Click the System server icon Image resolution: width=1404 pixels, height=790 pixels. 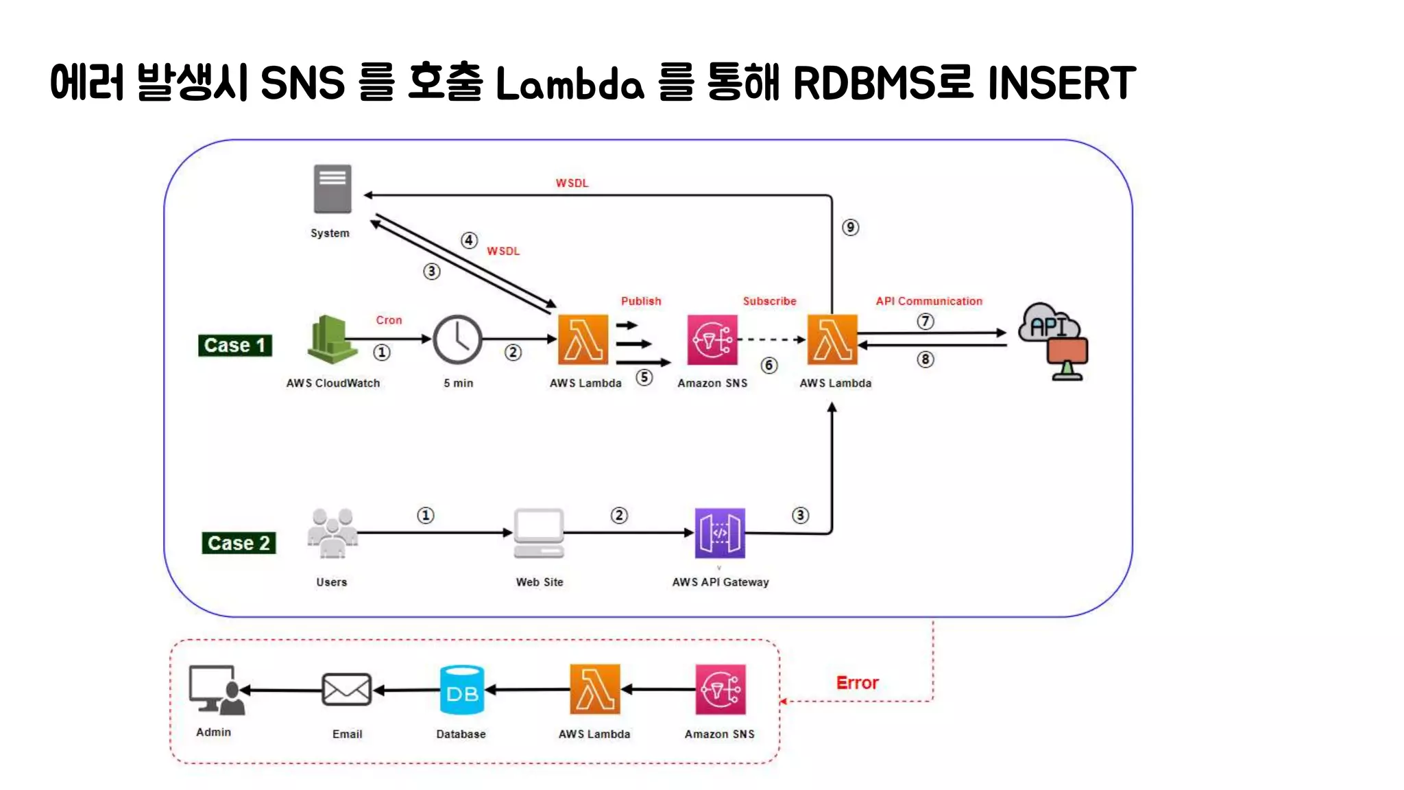click(332, 189)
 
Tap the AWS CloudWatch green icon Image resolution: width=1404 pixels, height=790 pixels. click(332, 339)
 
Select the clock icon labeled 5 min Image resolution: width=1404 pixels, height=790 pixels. click(457, 339)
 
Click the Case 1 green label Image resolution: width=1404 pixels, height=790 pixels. click(235, 345)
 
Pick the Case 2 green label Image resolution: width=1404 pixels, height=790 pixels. click(239, 543)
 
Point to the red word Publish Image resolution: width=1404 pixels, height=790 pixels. click(641, 301)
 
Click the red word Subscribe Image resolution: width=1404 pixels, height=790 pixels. click(769, 301)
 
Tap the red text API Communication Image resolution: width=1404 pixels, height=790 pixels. click(928, 301)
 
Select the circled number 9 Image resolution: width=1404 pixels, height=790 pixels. click(850, 228)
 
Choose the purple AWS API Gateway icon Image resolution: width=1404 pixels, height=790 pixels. click(719, 533)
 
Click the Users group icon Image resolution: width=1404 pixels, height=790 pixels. click(332, 533)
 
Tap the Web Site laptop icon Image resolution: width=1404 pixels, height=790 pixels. click(539, 533)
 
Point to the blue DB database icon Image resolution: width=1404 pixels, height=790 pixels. click(462, 690)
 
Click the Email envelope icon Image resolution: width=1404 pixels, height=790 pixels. click(347, 690)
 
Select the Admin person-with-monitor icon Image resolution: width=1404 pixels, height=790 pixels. click(216, 690)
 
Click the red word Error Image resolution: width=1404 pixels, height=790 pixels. click(857, 683)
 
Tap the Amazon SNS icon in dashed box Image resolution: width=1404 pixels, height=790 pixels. click(720, 690)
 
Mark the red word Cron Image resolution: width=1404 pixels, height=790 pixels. click(389, 320)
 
